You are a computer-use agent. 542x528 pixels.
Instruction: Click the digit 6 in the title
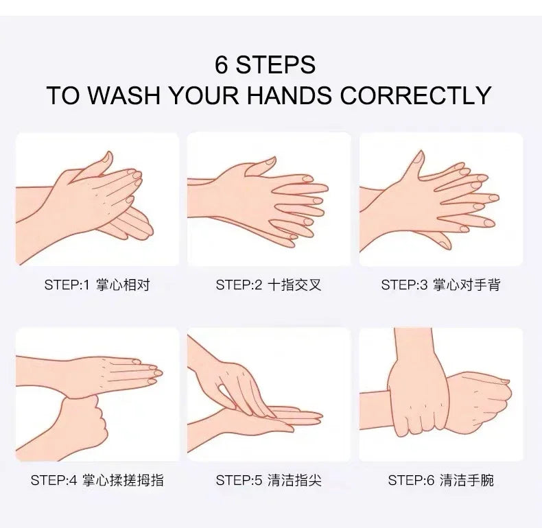pos(221,64)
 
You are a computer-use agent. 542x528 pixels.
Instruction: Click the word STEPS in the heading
pos(276,64)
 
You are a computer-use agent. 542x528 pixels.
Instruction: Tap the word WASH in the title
pos(123,95)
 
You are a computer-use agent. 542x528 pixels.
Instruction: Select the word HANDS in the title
pos(289,95)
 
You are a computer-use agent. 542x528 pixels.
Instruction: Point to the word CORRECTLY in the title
pos(416,95)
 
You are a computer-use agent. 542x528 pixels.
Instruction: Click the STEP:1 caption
pos(97,285)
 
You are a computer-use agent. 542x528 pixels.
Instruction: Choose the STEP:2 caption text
pos(268,285)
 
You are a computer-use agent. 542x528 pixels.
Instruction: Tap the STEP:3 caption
pos(440,285)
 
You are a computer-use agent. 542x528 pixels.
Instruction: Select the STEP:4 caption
pos(97,480)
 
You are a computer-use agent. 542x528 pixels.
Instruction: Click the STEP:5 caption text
pos(268,480)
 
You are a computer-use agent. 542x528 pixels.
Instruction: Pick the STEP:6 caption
pos(440,480)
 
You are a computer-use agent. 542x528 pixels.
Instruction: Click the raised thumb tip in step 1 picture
pos(108,156)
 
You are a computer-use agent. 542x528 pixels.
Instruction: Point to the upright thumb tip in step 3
pos(420,155)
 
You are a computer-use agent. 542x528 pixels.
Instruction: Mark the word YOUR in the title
pos(204,95)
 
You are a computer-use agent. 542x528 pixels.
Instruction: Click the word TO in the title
pos(62,95)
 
